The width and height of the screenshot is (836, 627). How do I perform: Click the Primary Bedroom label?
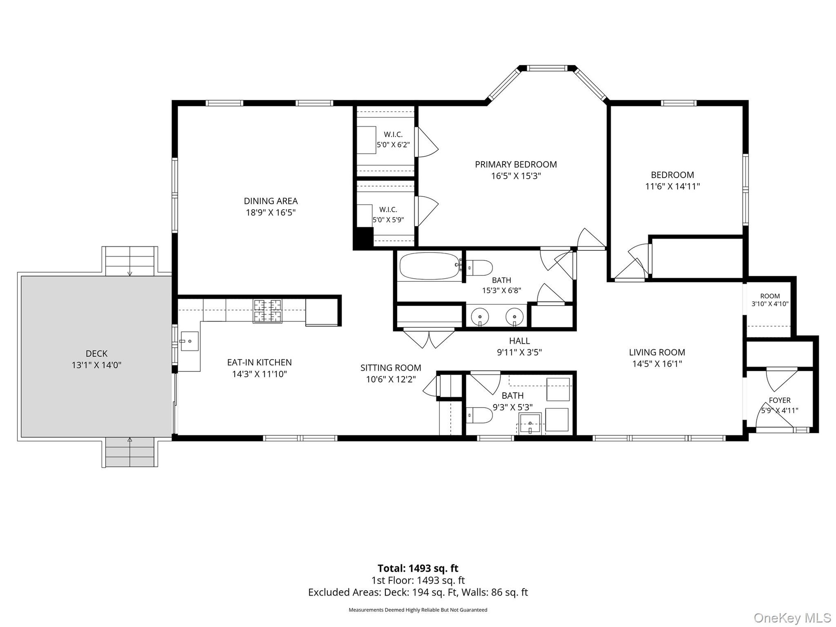516,165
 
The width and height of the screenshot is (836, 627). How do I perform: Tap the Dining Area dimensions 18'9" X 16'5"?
271,212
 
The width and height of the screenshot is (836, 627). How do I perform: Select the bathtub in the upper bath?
430,266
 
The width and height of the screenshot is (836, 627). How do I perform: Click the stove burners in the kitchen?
268,311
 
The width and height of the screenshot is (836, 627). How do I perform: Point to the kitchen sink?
189,341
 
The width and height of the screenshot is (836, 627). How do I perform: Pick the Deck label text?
97,354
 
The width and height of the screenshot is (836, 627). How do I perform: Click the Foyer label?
780,400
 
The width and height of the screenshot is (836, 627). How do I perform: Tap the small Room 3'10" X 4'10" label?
770,300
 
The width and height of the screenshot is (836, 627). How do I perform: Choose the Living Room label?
657,352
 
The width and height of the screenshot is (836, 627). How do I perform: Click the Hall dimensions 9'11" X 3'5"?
519,352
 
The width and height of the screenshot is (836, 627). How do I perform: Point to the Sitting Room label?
391,368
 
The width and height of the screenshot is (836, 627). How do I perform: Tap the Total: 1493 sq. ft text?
418,568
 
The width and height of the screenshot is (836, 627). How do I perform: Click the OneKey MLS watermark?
792,617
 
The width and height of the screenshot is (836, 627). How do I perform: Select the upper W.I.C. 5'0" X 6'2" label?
393,140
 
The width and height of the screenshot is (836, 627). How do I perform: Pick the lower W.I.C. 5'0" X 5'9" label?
388,215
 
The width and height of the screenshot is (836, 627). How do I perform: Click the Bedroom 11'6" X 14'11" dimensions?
673,186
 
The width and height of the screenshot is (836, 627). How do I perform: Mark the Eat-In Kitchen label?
260,362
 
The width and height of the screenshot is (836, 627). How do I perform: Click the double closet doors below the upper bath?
429,338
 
